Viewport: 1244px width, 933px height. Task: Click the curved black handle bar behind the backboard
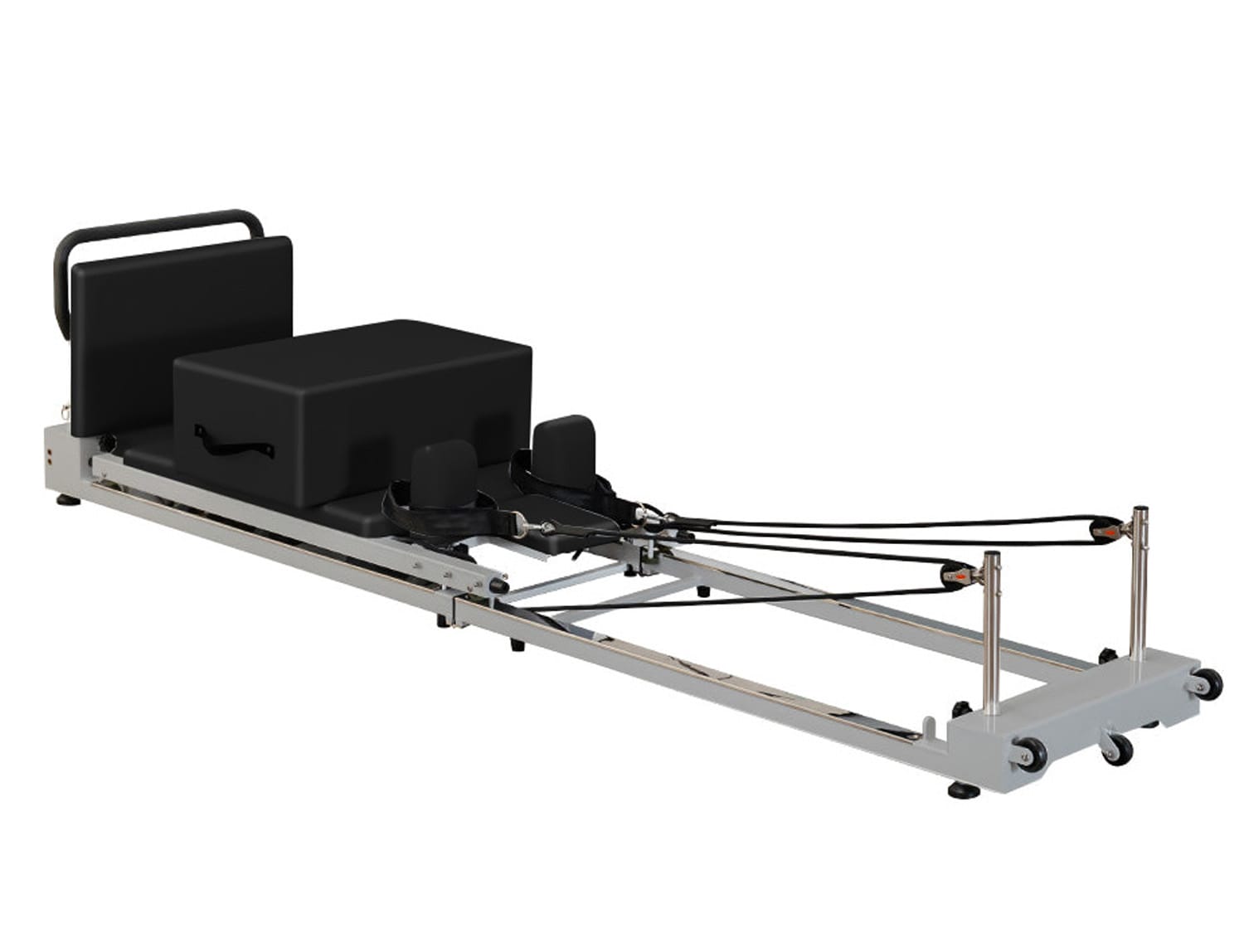158,221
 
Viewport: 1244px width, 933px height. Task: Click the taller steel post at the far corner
1140,581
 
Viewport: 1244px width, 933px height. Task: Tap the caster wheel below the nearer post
1033,756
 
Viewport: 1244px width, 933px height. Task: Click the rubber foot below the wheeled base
964,790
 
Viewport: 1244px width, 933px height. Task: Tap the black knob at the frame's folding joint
498,586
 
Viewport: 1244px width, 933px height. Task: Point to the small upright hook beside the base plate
931,727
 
